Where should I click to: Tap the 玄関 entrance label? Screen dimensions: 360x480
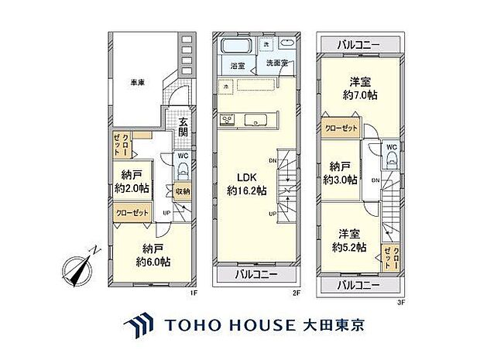click(183, 126)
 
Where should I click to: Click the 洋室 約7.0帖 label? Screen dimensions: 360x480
click(360, 90)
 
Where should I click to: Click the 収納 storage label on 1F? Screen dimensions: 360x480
click(182, 192)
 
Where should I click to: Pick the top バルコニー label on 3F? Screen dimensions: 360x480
click(358, 45)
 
